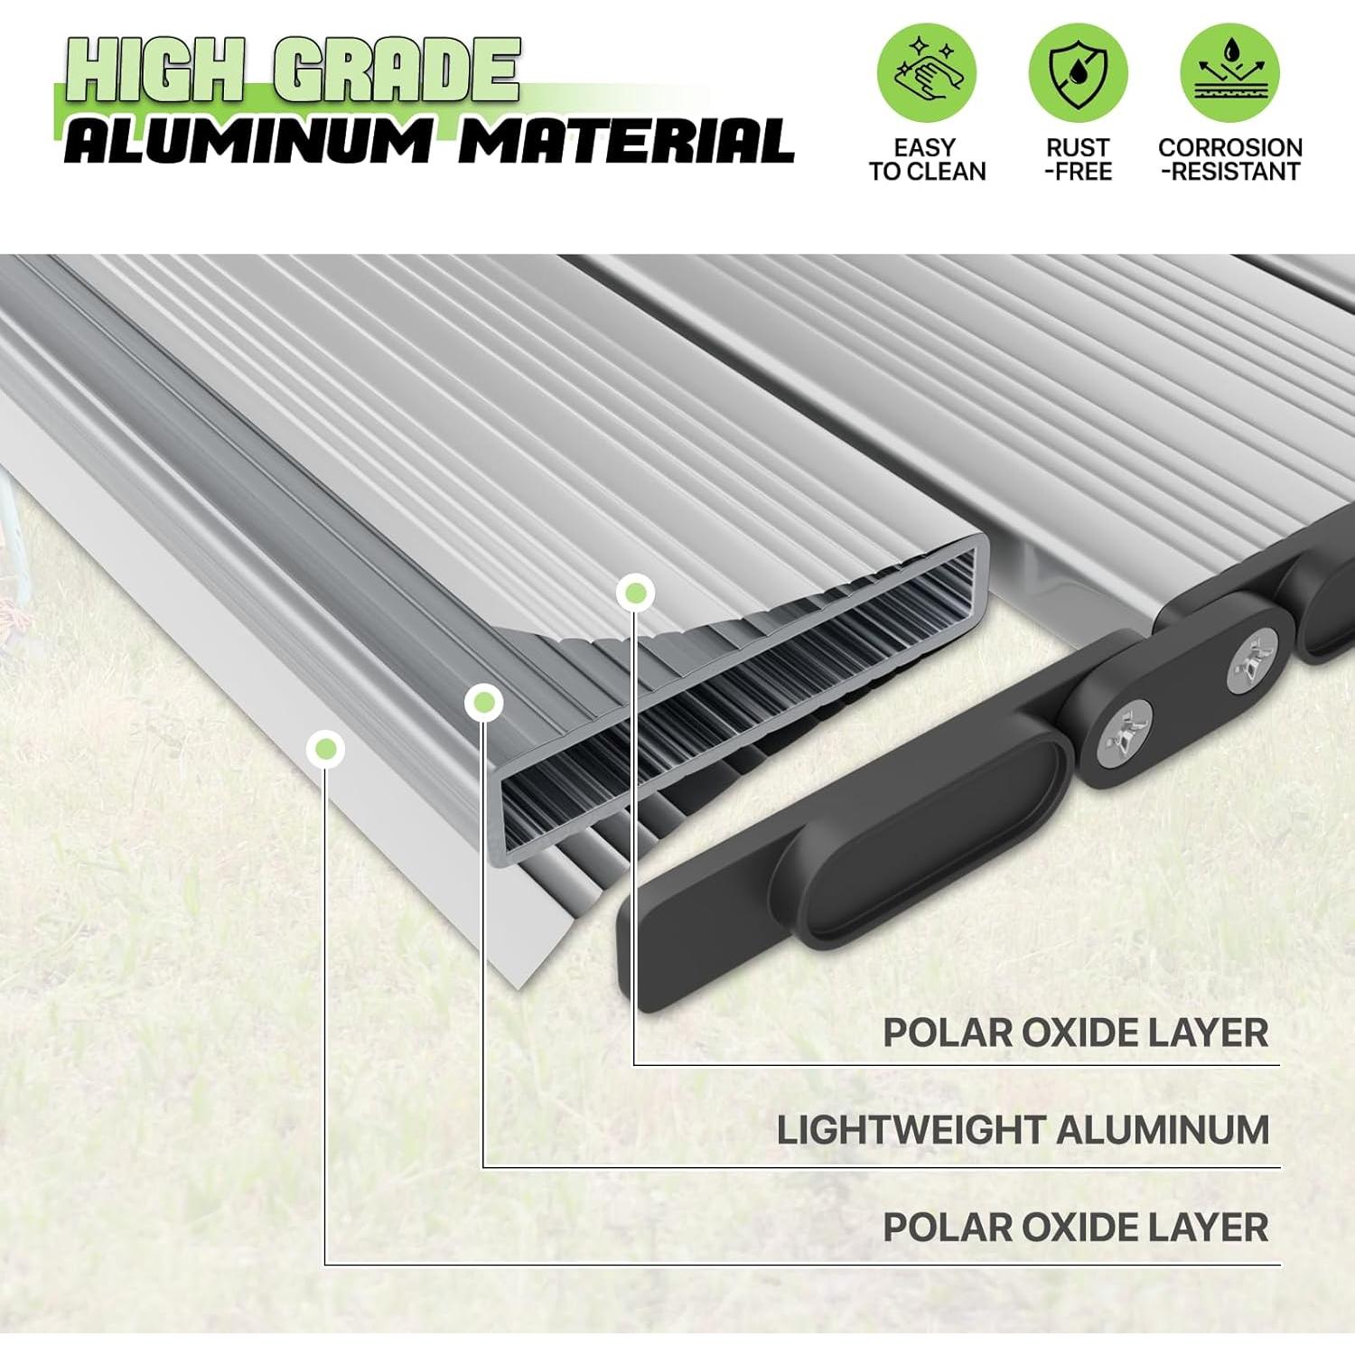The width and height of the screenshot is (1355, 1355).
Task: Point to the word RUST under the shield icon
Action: [x=1078, y=147]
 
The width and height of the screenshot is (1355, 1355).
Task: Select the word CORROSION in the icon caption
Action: [x=1230, y=147]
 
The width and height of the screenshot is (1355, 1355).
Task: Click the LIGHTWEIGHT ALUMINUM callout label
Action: [x=1023, y=1130]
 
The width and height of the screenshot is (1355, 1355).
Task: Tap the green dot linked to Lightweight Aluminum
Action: [x=483, y=701]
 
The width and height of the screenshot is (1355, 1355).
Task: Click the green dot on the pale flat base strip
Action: [x=325, y=749]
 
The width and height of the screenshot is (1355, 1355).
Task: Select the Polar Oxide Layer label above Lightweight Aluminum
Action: [x=1076, y=1033]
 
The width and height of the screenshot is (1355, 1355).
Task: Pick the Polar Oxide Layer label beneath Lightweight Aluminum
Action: [x=1076, y=1228]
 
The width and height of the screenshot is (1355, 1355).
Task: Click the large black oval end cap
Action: [x=930, y=844]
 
